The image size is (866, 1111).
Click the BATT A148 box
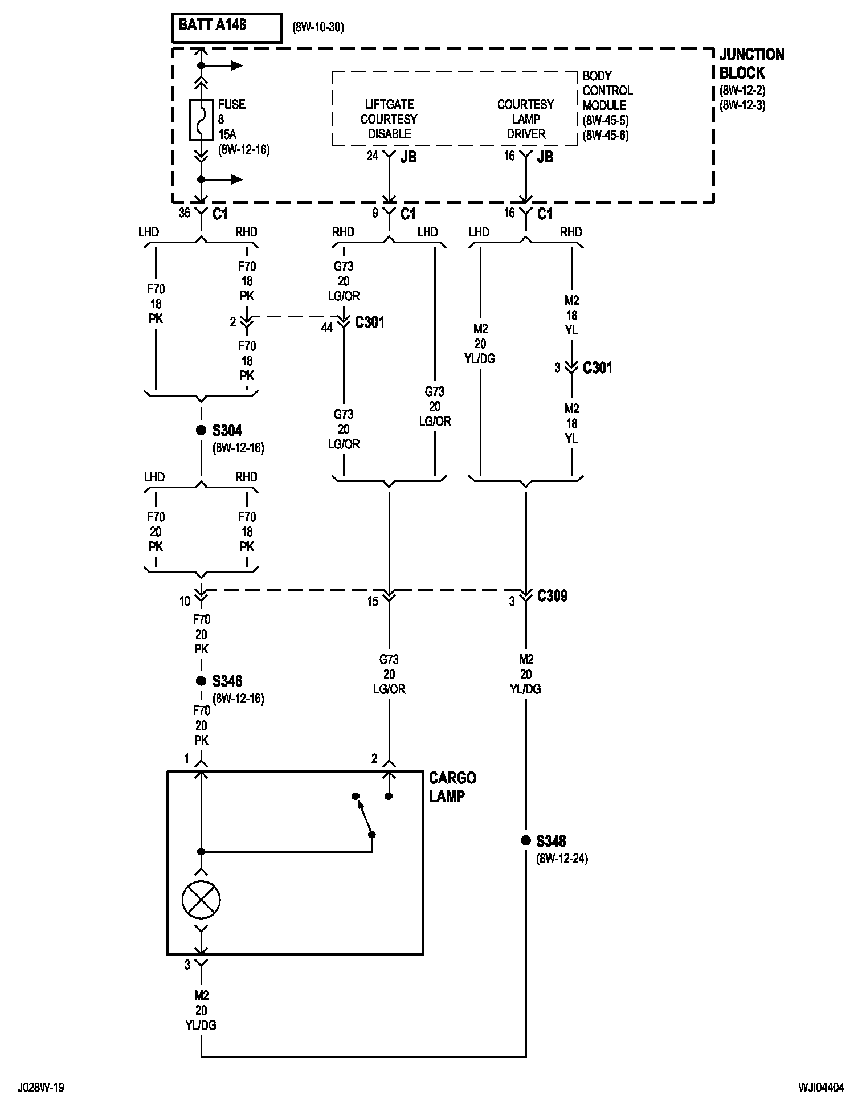click(227, 28)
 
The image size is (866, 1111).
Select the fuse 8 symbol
click(201, 120)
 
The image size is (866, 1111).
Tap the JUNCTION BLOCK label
click(751, 63)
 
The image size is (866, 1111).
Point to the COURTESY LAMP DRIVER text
click(525, 119)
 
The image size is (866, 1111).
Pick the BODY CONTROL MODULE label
click(607, 91)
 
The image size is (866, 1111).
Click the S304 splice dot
click(201, 430)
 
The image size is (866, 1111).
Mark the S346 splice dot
click(201, 681)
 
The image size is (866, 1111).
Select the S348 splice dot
click(525, 840)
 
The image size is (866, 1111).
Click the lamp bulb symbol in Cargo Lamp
click(201, 900)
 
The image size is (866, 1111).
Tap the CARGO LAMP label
click(452, 787)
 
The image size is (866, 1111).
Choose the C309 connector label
click(552, 596)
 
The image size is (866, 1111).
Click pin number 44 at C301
click(326, 328)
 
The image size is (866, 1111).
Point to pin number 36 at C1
click(184, 213)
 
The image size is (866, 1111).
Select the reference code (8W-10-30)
click(318, 27)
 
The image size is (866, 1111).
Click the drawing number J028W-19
click(41, 1088)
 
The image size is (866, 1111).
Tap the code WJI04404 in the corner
click(821, 1088)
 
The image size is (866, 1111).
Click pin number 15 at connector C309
click(372, 602)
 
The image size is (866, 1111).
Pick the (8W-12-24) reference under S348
click(562, 859)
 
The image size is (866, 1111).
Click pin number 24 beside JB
click(372, 156)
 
